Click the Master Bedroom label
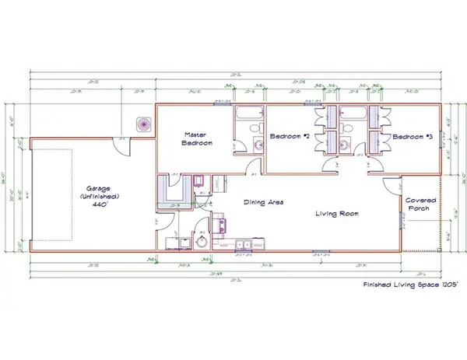(x=192, y=138)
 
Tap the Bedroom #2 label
(x=290, y=137)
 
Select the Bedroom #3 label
(x=412, y=137)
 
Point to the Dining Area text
(x=263, y=202)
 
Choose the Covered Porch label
(x=421, y=204)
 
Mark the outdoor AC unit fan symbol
(x=143, y=124)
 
